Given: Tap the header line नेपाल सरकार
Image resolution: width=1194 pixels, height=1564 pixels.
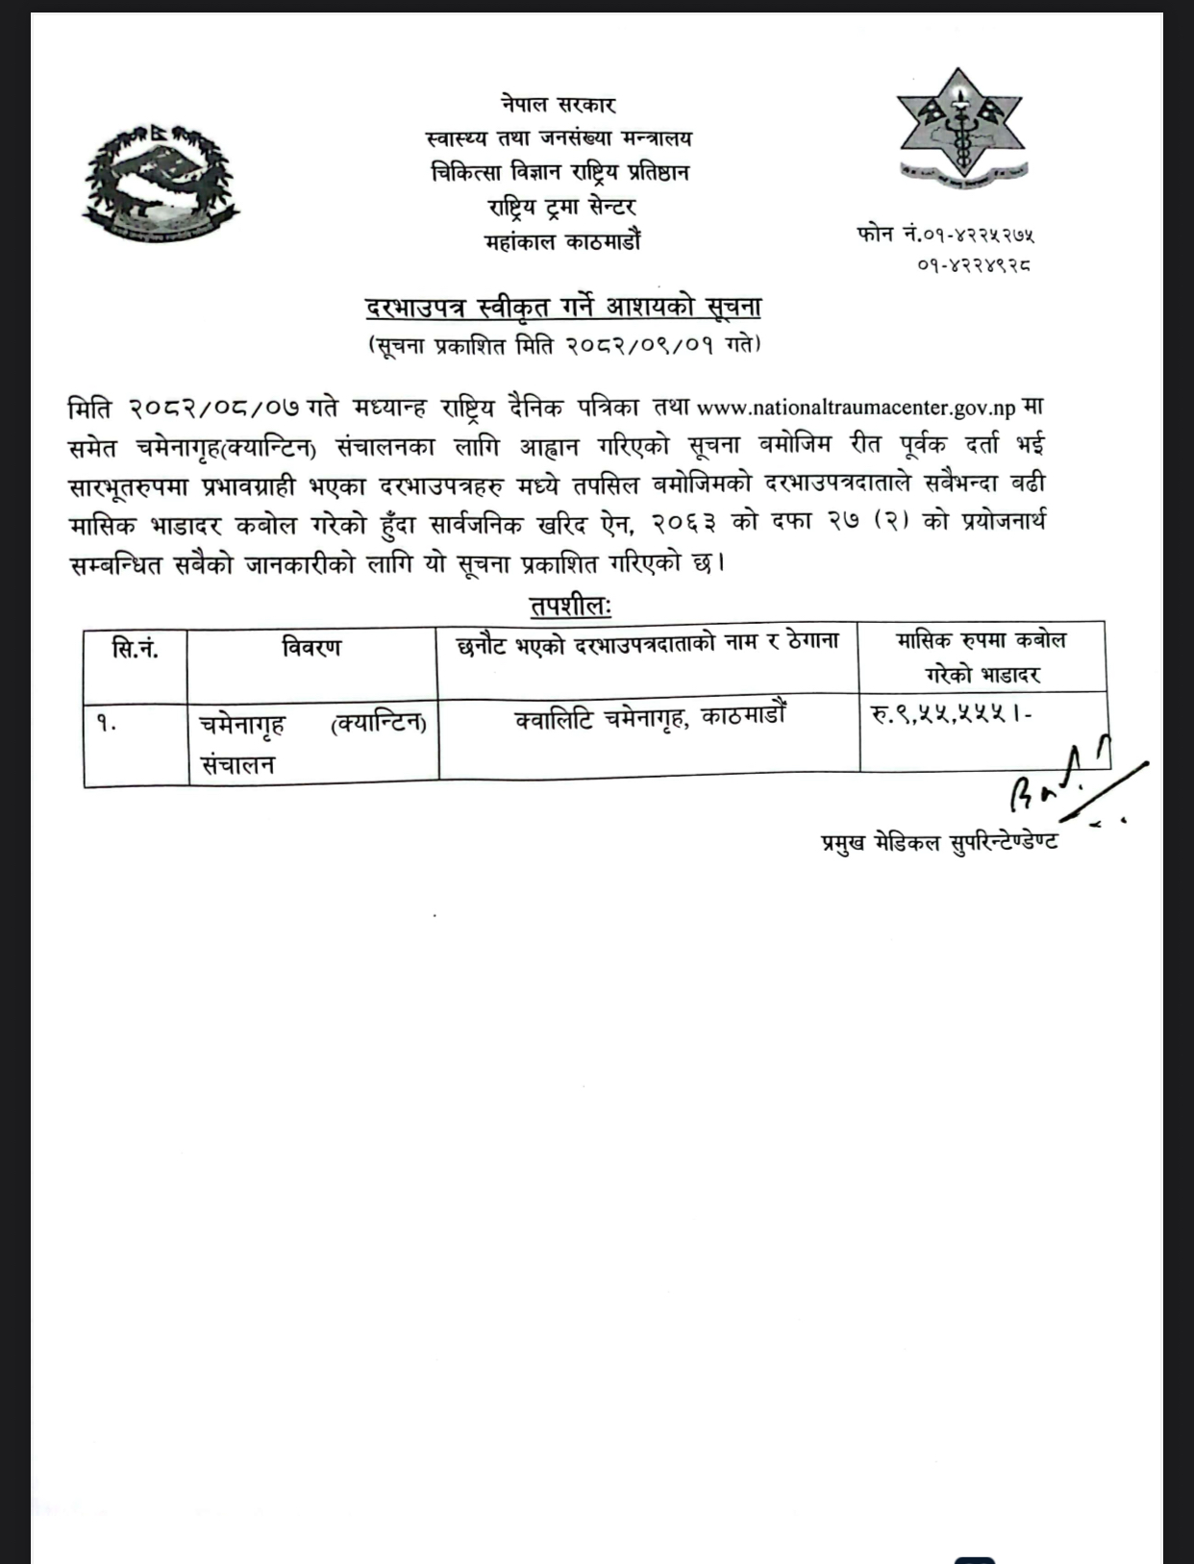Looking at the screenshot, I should [x=558, y=104].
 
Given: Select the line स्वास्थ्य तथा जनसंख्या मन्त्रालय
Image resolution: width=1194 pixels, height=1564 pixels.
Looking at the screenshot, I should [x=559, y=138].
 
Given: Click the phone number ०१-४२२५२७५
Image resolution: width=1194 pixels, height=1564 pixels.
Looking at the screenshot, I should [x=978, y=234].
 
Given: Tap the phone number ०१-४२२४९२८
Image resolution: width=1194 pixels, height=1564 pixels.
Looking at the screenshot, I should [x=975, y=263].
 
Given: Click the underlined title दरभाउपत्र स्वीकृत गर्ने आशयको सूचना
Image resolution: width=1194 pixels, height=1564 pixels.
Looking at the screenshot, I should [x=562, y=308].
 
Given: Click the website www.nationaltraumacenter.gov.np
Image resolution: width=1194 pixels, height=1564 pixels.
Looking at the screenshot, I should [x=855, y=408].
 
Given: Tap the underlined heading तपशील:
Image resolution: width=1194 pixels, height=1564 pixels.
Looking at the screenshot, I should [x=571, y=607].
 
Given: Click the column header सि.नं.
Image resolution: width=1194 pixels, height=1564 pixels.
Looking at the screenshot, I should [x=136, y=649].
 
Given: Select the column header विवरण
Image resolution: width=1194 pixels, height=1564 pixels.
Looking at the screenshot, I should [x=311, y=647].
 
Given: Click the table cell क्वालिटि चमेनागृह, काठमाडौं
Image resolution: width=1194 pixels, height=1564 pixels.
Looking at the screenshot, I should [x=651, y=717].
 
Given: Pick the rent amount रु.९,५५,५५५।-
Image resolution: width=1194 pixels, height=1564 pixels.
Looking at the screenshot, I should [x=951, y=714].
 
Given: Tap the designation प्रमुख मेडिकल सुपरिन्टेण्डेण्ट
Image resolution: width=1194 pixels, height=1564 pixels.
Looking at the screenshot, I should [x=939, y=842].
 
